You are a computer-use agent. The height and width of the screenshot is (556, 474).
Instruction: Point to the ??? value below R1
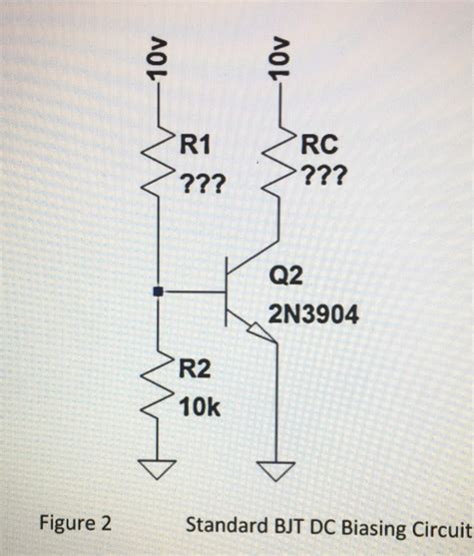click(x=202, y=184)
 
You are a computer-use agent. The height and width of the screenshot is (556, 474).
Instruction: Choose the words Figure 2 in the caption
click(x=75, y=524)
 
